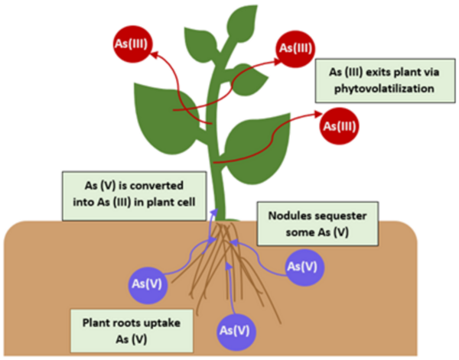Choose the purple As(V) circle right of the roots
click(x=303, y=267)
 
